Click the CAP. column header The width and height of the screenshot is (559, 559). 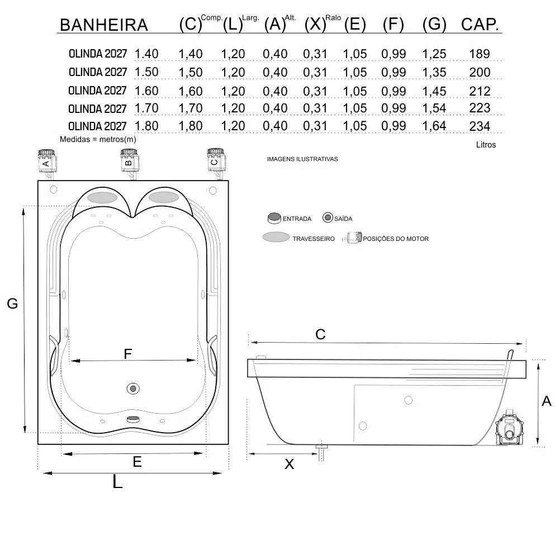(480, 25)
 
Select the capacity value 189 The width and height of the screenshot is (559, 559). (480, 54)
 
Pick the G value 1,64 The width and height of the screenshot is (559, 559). (434, 126)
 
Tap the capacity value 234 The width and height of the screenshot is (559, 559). (480, 126)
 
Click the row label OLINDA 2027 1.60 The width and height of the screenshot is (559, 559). (113, 91)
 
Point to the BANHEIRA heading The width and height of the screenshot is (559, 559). (104, 25)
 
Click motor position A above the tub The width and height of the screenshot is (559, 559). (47, 163)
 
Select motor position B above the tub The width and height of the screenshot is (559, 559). (130, 163)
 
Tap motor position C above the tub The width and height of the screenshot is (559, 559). (216, 163)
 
